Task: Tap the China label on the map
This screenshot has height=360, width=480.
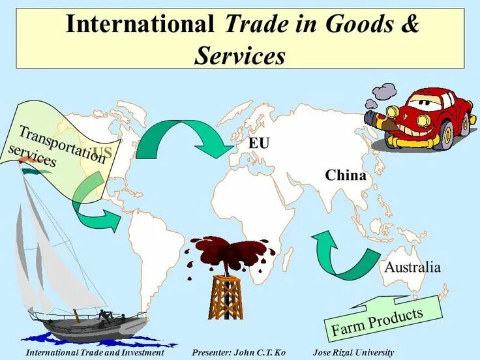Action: [x=345, y=175]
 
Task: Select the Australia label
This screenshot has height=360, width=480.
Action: [x=412, y=267]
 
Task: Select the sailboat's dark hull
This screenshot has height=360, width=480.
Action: [x=85, y=326]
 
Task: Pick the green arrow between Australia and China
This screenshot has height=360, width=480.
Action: [x=339, y=254]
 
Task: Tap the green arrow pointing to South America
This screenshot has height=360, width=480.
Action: [x=95, y=205]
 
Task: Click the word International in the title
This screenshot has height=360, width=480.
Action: [x=140, y=24]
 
